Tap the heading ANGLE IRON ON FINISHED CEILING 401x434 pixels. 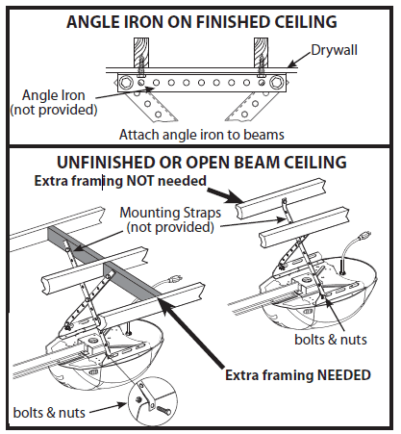[x=200, y=19]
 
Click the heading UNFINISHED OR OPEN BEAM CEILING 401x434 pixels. [x=200, y=164]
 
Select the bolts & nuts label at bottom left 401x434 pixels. [x=46, y=410]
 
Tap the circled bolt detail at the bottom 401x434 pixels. [x=155, y=405]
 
